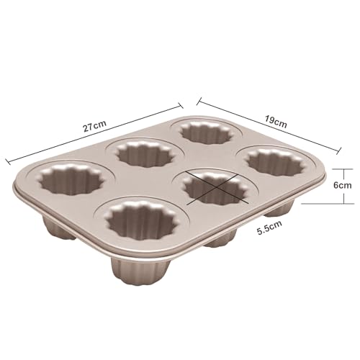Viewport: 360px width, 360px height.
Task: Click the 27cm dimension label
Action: [94, 126]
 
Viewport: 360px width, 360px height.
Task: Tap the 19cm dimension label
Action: [276, 121]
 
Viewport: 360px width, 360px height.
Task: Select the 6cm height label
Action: [343, 185]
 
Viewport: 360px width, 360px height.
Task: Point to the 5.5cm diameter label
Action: [269, 228]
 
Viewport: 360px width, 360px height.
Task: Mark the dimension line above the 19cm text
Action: [269, 125]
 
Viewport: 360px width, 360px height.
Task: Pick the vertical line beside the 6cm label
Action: [344, 186]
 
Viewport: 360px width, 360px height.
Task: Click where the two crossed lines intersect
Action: [216, 187]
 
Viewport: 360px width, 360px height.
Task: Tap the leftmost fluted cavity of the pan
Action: [71, 179]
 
